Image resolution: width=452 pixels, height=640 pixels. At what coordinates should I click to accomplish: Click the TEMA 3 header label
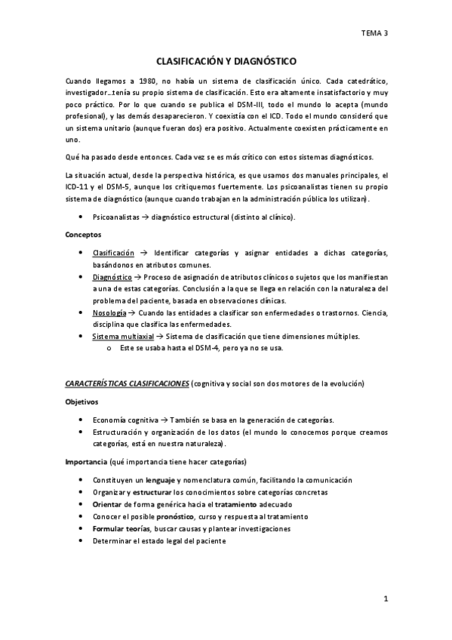click(x=374, y=32)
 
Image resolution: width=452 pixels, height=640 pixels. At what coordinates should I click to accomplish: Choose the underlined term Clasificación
click(x=113, y=251)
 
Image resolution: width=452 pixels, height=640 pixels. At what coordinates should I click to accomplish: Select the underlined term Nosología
click(x=109, y=312)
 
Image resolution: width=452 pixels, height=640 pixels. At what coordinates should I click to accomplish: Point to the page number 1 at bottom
click(x=385, y=599)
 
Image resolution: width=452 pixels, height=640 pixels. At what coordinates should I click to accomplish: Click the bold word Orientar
click(x=107, y=504)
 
